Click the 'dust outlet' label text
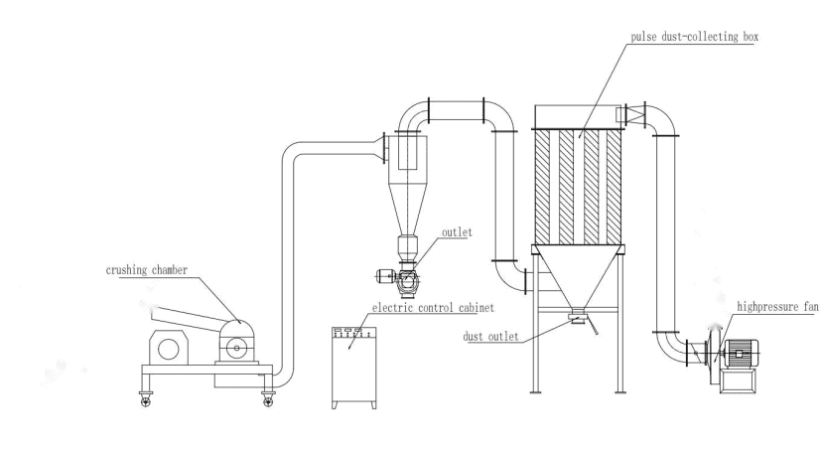[492, 336]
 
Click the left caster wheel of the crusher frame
[144, 399]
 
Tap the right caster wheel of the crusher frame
[268, 399]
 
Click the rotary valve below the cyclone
[407, 282]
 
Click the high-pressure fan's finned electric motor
[746, 354]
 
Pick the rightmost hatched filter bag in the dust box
[615, 187]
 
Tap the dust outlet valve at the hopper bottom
[577, 319]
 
